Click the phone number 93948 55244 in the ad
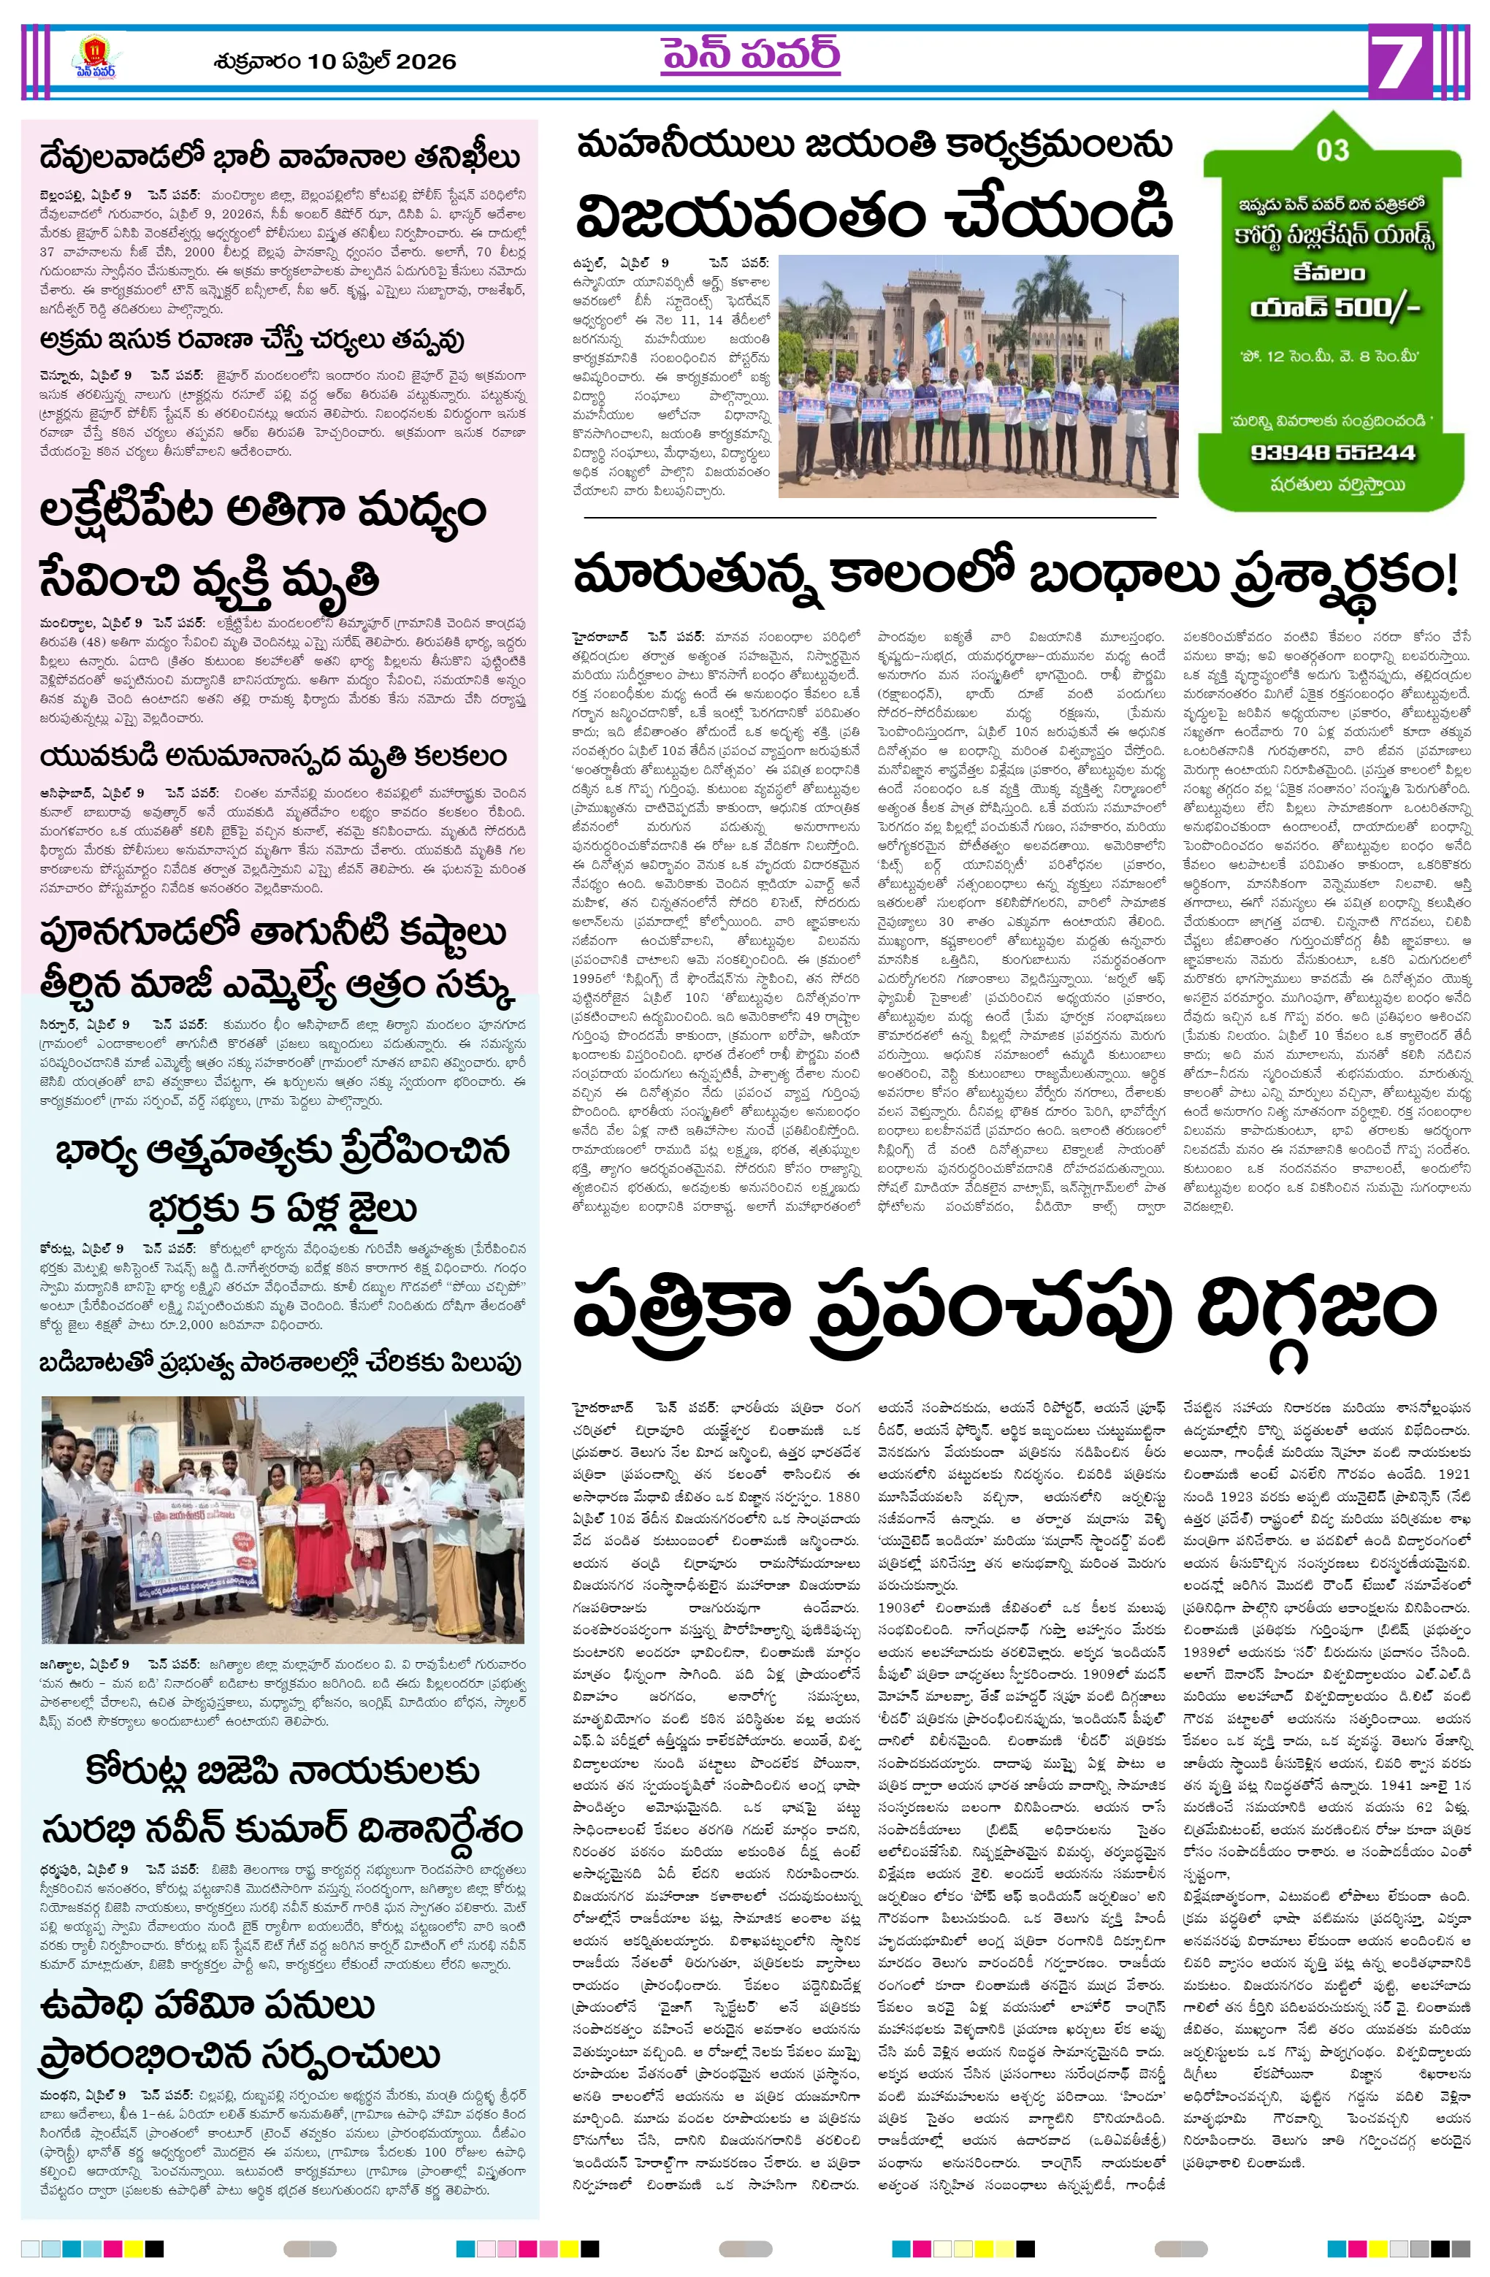[1332, 453]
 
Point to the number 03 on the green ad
[1332, 150]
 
